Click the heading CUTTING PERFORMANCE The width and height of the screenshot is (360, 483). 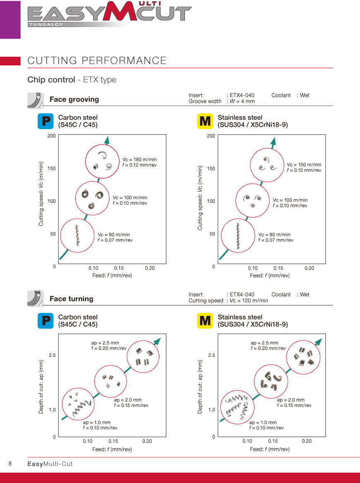[97, 60]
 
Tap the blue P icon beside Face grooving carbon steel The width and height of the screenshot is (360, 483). [45, 121]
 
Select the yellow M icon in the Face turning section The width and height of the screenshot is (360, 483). [205, 321]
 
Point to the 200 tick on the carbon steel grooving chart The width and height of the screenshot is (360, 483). [51, 136]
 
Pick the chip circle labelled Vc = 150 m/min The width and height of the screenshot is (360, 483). [267, 164]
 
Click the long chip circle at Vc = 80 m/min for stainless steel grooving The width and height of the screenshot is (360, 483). [238, 236]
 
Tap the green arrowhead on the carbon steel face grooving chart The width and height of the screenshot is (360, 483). [107, 140]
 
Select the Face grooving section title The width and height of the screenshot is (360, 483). [74, 99]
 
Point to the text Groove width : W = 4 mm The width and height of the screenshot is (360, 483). [221, 101]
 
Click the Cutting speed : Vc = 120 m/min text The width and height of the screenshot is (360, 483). [228, 300]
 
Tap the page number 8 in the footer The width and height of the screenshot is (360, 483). [10, 464]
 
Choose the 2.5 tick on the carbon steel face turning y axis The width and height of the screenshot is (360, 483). [52, 355]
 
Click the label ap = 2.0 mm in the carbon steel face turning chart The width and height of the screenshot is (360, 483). [127, 400]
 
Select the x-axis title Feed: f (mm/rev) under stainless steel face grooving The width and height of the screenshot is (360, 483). [270, 276]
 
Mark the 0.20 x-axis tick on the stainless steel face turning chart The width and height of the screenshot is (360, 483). [307, 441]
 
